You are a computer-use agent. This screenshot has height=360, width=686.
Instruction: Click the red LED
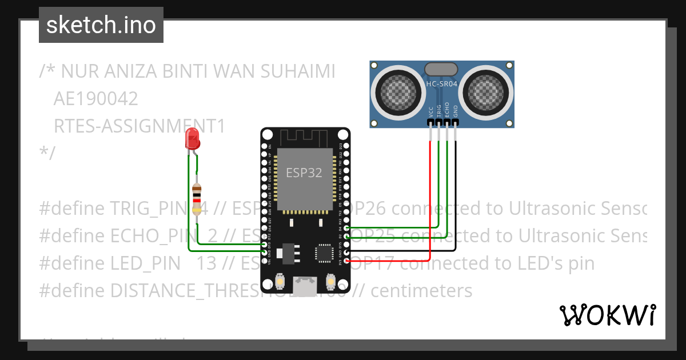tap(192, 139)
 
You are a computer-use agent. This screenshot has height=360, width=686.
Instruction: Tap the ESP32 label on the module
tap(304, 172)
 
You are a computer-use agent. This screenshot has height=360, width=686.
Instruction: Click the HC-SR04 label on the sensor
tap(441, 84)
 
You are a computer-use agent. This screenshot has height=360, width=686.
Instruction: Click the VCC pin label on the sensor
tap(430, 113)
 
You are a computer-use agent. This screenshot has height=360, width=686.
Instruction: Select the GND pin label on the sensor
tap(456, 111)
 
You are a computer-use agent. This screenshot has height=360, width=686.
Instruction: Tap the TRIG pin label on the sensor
tap(439, 111)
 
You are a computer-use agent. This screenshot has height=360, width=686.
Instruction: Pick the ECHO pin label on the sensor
tap(447, 111)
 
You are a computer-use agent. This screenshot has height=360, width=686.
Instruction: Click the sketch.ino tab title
tap(101, 25)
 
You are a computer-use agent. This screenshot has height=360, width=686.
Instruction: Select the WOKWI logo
tap(607, 315)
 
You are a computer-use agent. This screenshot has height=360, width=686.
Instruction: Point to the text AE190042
tap(95, 99)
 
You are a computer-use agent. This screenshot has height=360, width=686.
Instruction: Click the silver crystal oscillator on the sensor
tap(441, 69)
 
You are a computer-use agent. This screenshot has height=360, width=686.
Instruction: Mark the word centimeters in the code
tap(421, 290)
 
